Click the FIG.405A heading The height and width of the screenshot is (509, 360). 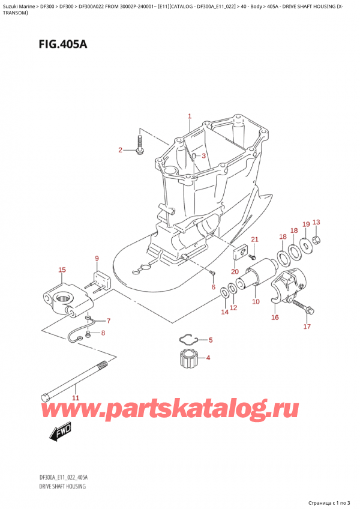62,43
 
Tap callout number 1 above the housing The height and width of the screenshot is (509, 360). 190,116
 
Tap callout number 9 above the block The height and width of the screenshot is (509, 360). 97,258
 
